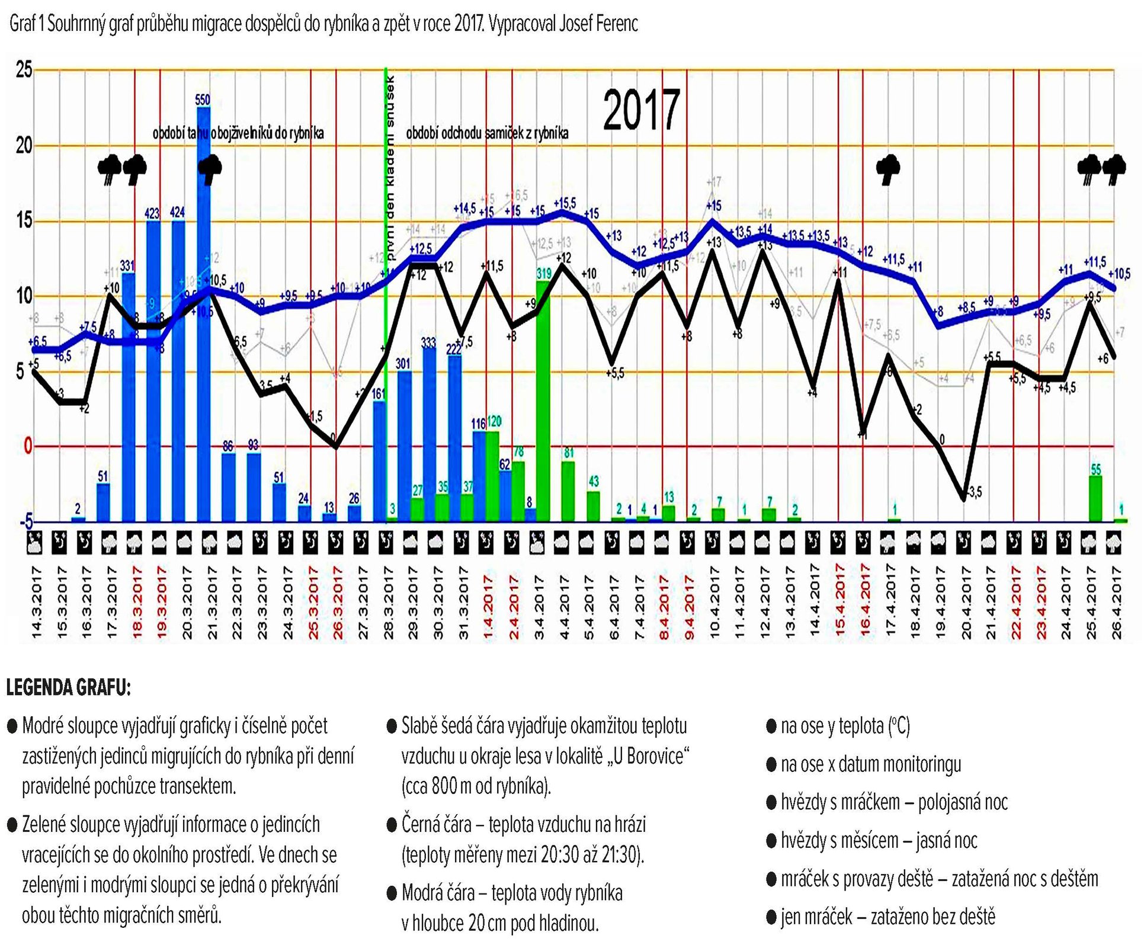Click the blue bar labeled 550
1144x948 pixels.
(x=203, y=314)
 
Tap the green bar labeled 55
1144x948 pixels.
(x=1095, y=498)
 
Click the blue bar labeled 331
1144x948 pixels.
(x=128, y=397)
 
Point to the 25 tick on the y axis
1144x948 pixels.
(x=24, y=70)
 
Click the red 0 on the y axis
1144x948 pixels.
(x=27, y=446)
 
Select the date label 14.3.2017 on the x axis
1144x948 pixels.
(x=36, y=602)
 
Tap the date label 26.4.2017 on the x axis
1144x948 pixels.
(x=1117, y=602)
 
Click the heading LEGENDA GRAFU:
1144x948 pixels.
(x=68, y=688)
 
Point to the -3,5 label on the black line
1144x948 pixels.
(x=973, y=492)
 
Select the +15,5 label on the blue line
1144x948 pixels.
(x=565, y=203)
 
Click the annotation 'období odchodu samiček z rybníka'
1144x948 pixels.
(x=487, y=133)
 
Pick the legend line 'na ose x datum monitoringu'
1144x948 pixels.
(x=870, y=764)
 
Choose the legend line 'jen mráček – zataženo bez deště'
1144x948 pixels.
(x=887, y=917)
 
